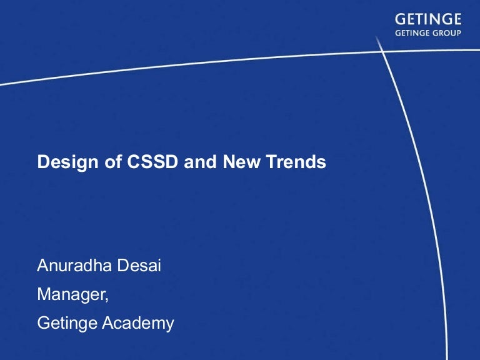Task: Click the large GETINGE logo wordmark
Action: click(x=428, y=20)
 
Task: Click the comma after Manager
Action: click(x=107, y=298)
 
